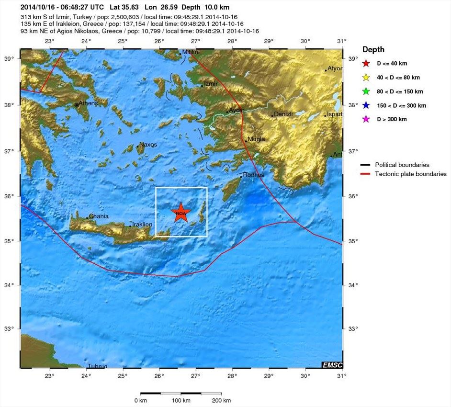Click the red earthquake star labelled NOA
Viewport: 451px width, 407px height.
coord(181,213)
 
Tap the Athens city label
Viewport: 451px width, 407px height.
coord(88,103)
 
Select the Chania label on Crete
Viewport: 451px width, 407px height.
coord(99,216)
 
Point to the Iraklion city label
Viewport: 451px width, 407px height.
coord(142,224)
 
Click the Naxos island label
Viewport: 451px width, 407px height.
coord(148,145)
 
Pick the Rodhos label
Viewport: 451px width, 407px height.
coord(254,175)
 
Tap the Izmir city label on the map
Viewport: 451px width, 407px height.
coord(211,84)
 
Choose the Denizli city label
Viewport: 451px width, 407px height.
coord(282,114)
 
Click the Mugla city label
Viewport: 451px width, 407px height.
coord(256,139)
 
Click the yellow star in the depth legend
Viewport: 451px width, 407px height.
coord(366,77)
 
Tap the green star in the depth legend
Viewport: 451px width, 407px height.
coord(366,91)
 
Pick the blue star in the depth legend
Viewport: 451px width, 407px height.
coord(366,105)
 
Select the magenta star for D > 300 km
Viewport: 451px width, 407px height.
coord(366,119)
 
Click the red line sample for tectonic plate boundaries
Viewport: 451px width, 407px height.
coord(366,174)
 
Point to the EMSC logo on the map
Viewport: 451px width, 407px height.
coord(332,365)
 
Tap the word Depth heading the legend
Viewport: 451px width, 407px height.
coord(373,49)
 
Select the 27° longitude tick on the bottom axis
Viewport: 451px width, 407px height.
coord(196,376)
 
